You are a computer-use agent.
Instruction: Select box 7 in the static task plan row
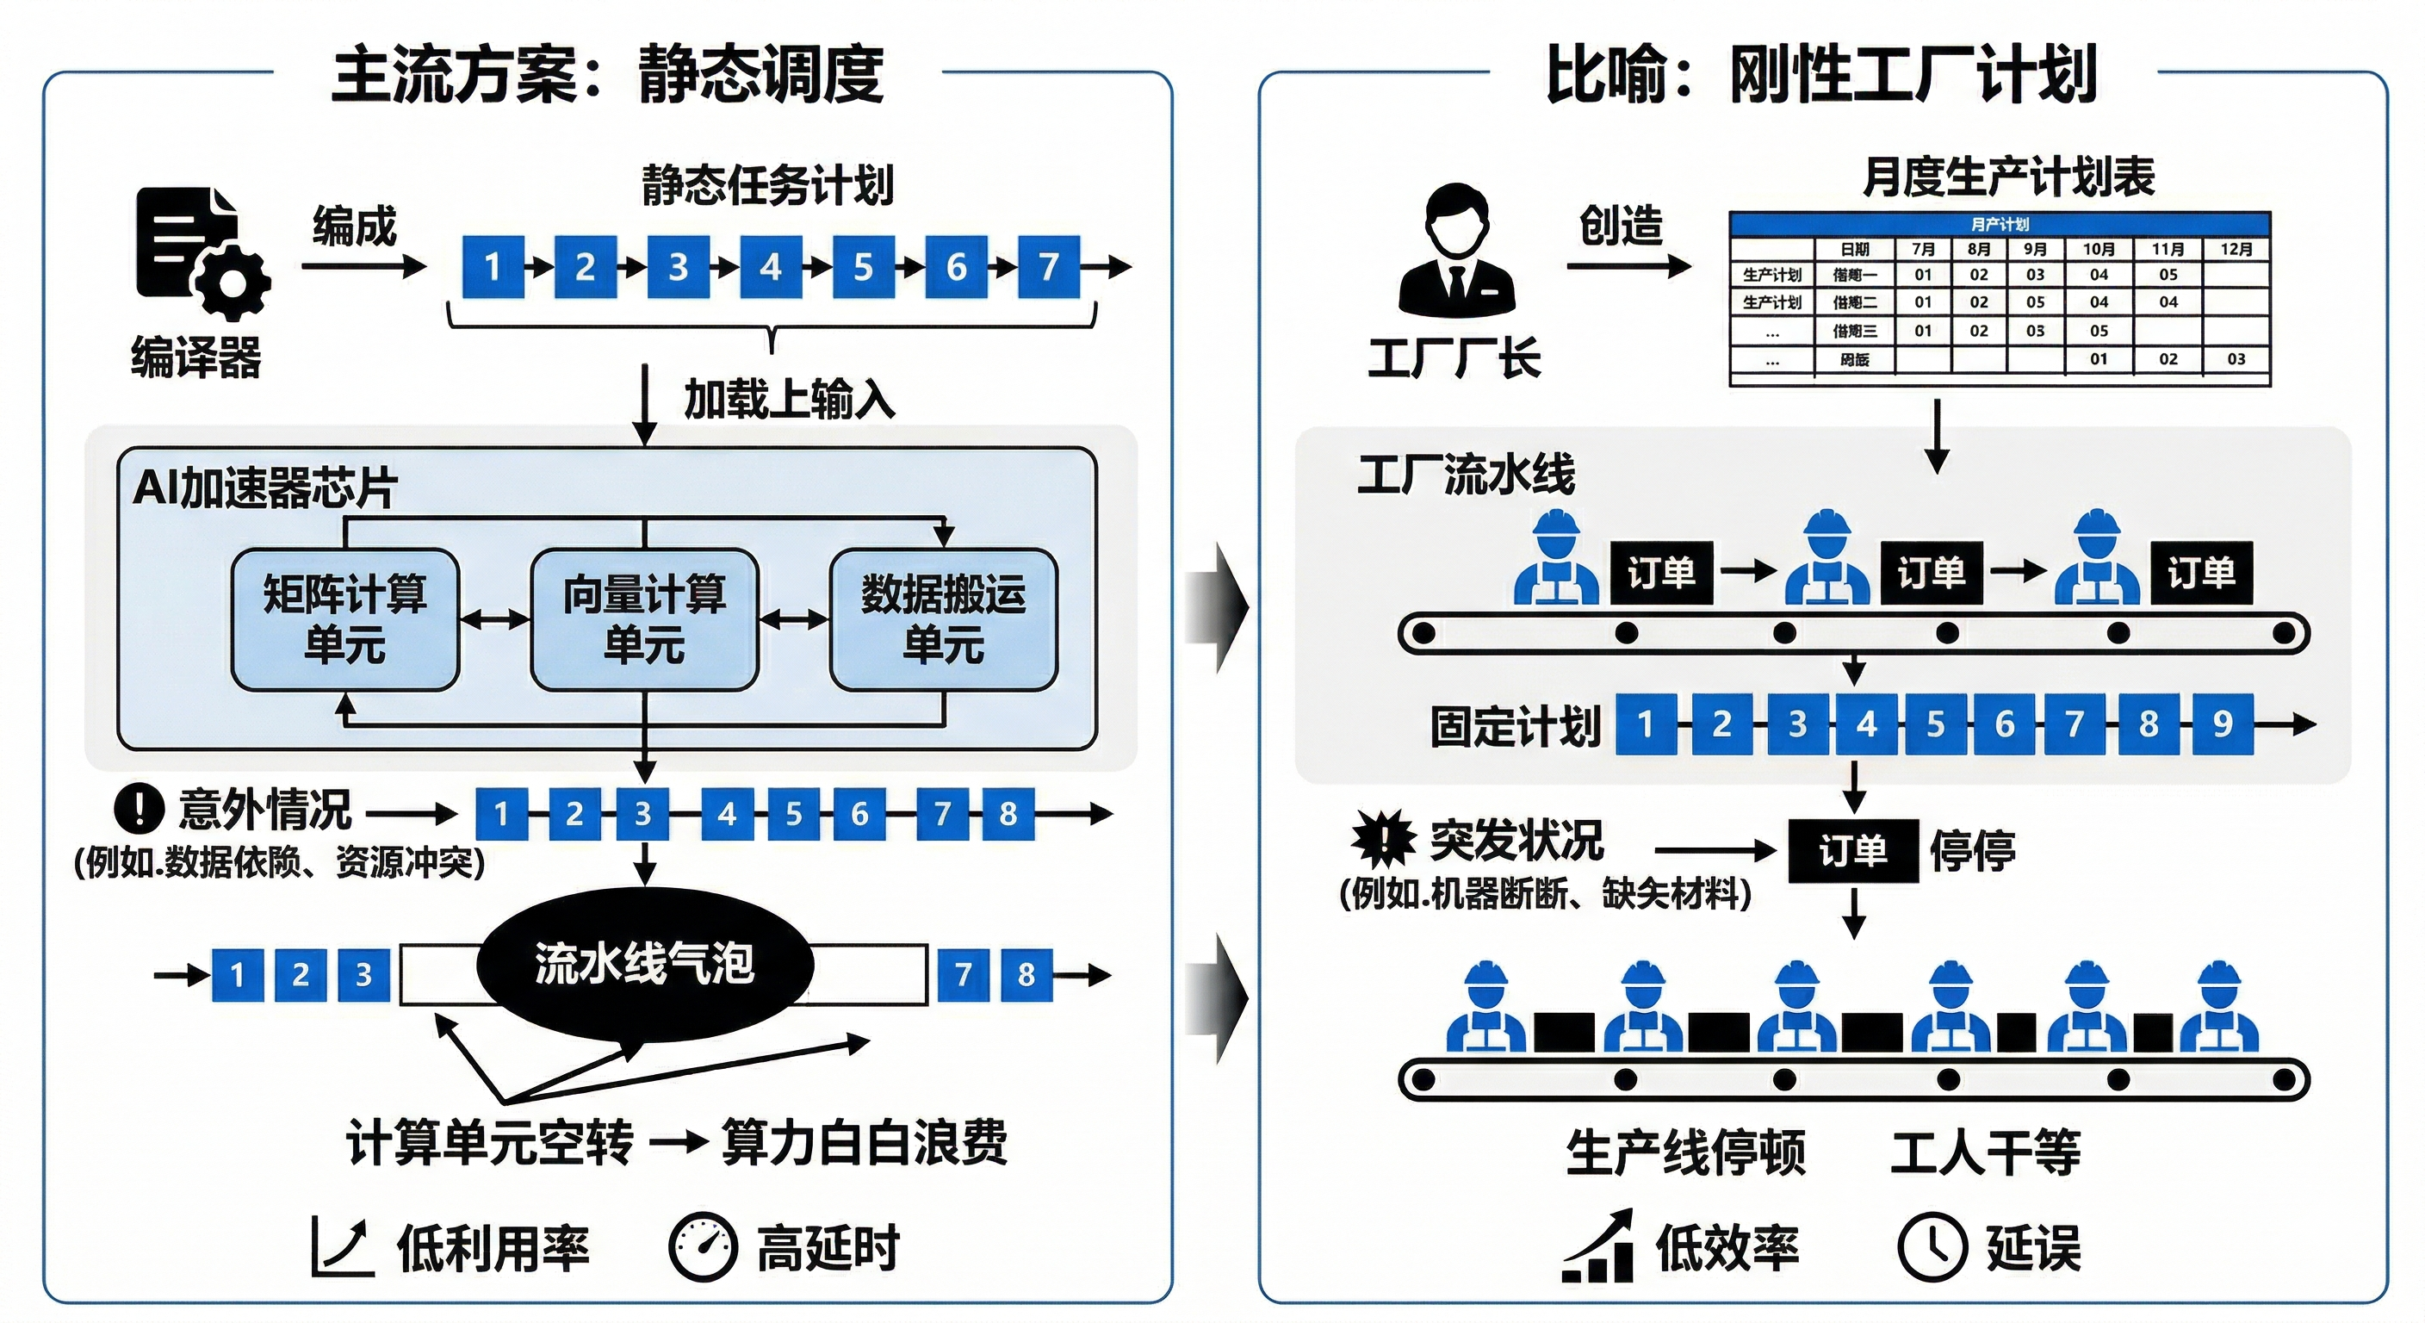tap(1049, 267)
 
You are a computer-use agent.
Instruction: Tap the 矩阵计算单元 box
tap(344, 619)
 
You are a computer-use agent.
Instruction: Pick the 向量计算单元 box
tap(644, 619)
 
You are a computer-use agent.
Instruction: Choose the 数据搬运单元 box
tap(943, 619)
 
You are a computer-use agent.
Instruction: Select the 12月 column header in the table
tap(2236, 250)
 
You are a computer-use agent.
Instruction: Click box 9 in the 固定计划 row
tap(2223, 724)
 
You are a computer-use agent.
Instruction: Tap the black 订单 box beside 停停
tap(1852, 851)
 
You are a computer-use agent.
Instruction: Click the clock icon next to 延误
tap(1932, 1248)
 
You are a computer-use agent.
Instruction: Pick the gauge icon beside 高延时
tap(703, 1248)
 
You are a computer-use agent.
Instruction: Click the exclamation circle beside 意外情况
tap(140, 809)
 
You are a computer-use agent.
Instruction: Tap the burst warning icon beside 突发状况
tap(1383, 838)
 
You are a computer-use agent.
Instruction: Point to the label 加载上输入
tap(789, 400)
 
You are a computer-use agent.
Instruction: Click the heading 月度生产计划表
tap(2008, 177)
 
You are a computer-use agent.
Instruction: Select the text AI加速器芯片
tap(264, 488)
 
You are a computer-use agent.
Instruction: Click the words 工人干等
tap(1985, 1152)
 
